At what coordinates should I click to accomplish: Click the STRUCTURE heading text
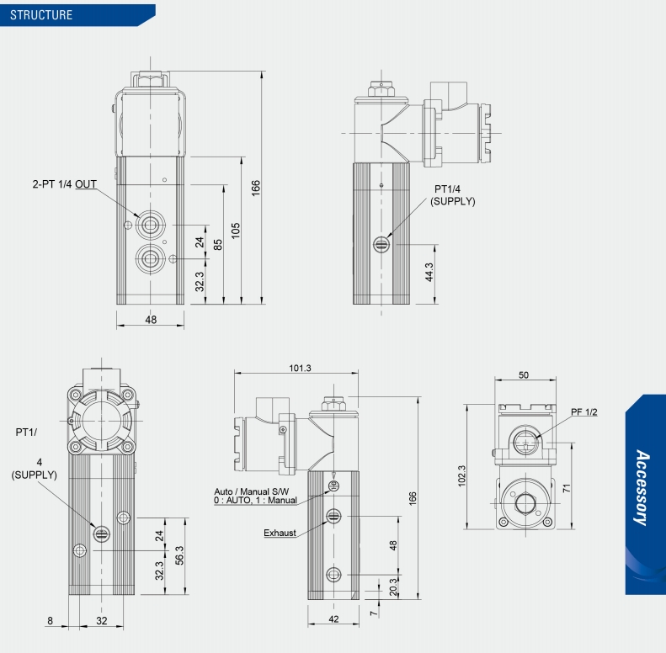click(41, 15)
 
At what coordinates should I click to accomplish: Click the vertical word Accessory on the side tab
click(642, 488)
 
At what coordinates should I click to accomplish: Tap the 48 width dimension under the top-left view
click(151, 320)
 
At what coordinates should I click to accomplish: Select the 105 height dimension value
click(236, 229)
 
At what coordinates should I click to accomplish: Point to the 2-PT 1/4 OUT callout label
click(64, 184)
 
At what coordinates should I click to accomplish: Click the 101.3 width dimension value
click(300, 368)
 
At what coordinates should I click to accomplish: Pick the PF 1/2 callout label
click(584, 411)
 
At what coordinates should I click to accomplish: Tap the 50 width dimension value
click(524, 375)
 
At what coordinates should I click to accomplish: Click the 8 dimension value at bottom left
click(51, 621)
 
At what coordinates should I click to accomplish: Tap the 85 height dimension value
click(218, 246)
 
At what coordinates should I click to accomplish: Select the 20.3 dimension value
click(394, 587)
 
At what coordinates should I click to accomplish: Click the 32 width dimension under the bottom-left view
click(102, 621)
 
